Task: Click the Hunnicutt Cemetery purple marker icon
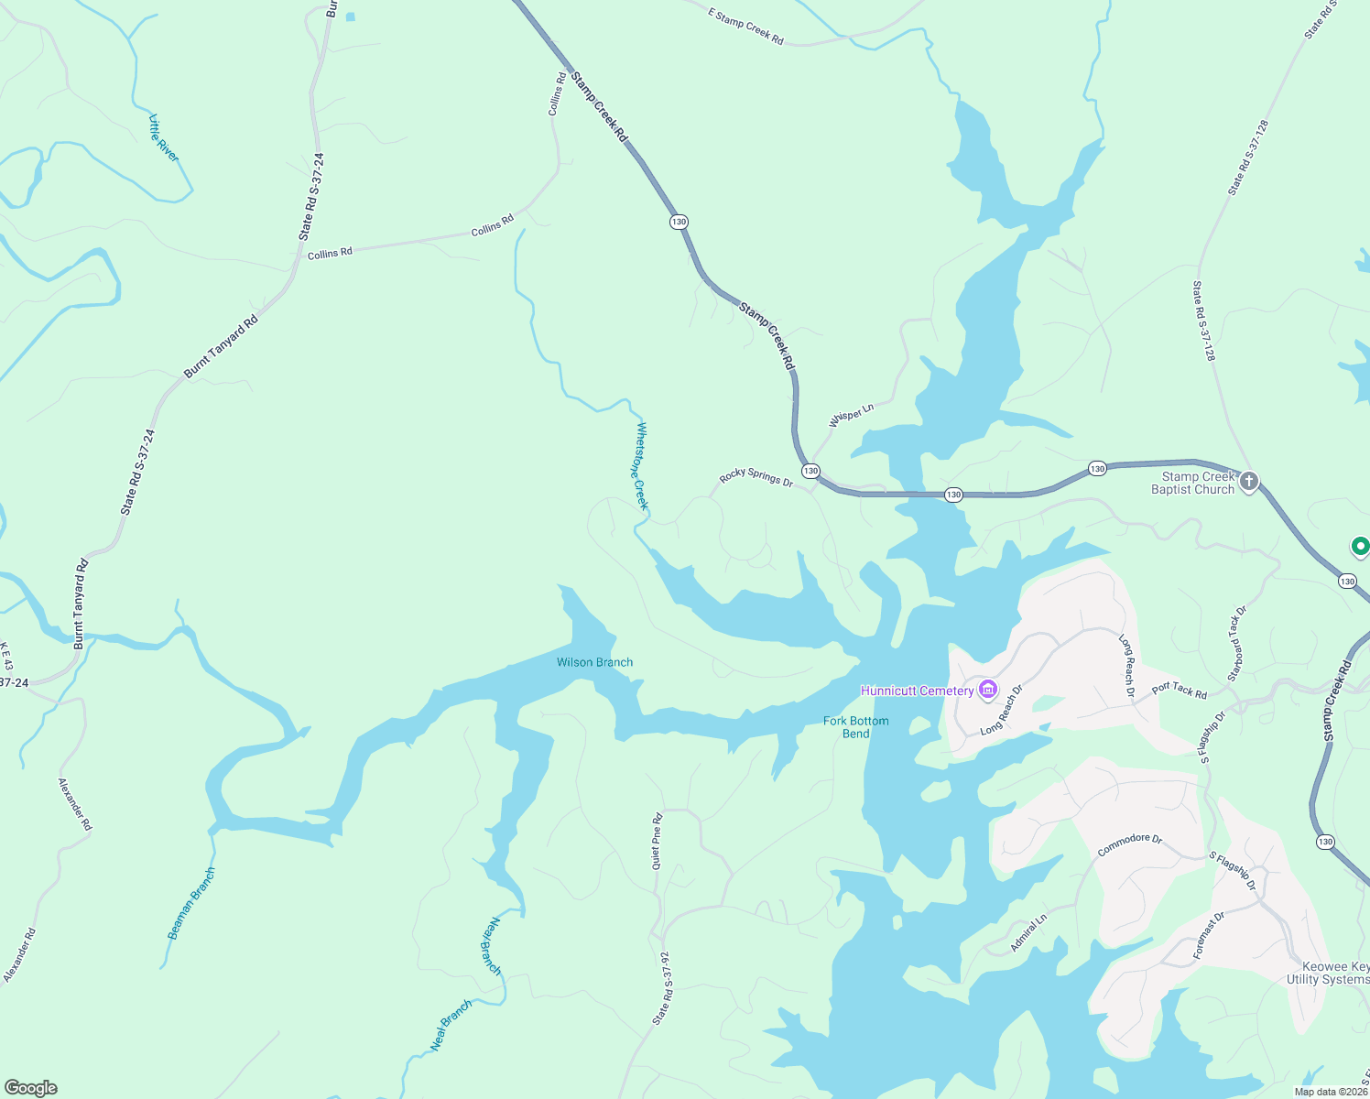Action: pyautogui.click(x=987, y=690)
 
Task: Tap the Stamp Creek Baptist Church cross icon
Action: pyautogui.click(x=1249, y=481)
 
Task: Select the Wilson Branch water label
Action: pyautogui.click(x=594, y=662)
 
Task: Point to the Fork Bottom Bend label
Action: pyautogui.click(x=855, y=727)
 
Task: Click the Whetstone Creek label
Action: pyautogui.click(x=642, y=465)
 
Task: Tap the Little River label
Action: pyautogui.click(x=164, y=138)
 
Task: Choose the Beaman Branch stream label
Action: pyautogui.click(x=191, y=903)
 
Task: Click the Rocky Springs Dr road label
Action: pyautogui.click(x=756, y=476)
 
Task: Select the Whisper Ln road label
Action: pyautogui.click(x=852, y=415)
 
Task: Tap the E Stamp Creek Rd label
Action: pyautogui.click(x=745, y=26)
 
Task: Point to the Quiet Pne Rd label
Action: pyautogui.click(x=657, y=841)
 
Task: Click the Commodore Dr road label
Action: pyautogui.click(x=1129, y=844)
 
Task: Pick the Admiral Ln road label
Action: pyautogui.click(x=1028, y=933)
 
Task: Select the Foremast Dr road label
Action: pyautogui.click(x=1209, y=935)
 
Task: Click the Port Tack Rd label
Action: pyautogui.click(x=1179, y=690)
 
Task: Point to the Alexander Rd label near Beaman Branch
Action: pyautogui.click(x=75, y=804)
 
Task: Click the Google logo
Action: pyautogui.click(x=31, y=1088)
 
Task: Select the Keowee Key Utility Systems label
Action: pyautogui.click(x=1328, y=973)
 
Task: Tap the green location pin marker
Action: pyautogui.click(x=1360, y=547)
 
